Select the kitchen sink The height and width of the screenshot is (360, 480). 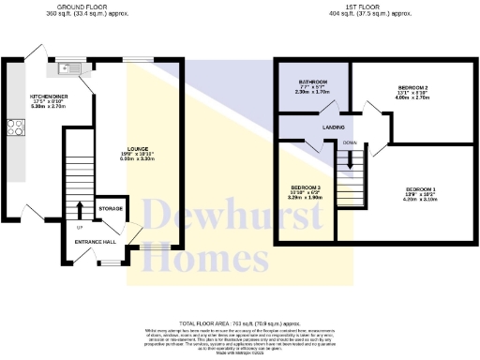pos(70,68)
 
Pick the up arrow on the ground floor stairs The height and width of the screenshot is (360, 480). pos(80,208)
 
